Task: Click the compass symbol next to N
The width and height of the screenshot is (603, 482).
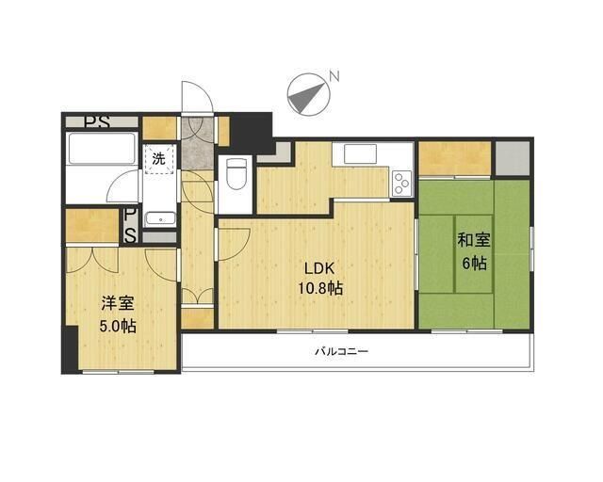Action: click(307, 93)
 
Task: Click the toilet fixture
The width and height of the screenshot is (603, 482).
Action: click(235, 174)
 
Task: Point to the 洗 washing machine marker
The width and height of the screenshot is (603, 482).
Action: click(159, 158)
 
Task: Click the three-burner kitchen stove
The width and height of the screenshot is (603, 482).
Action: click(401, 180)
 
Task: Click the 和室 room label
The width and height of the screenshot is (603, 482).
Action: click(473, 240)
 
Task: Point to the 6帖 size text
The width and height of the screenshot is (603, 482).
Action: click(473, 263)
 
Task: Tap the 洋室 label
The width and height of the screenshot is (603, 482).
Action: click(118, 304)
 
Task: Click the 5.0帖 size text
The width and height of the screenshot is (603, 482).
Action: click(118, 327)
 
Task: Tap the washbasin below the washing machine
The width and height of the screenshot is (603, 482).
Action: click(159, 216)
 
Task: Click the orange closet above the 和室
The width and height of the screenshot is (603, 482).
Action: click(455, 156)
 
